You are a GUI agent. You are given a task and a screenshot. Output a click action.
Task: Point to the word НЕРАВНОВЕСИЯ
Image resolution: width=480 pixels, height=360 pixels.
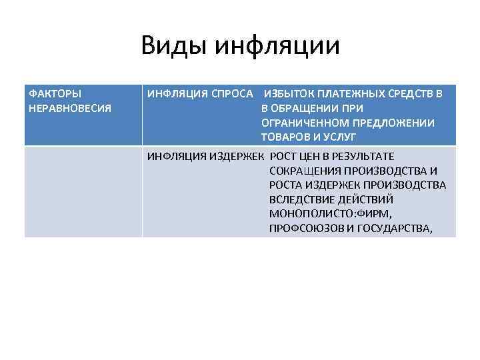click(x=71, y=107)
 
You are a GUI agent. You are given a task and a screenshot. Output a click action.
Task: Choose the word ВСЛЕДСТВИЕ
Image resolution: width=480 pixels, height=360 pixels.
click(x=300, y=199)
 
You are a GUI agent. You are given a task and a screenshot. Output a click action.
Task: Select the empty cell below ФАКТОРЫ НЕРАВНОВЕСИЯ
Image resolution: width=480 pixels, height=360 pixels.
click(x=83, y=191)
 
